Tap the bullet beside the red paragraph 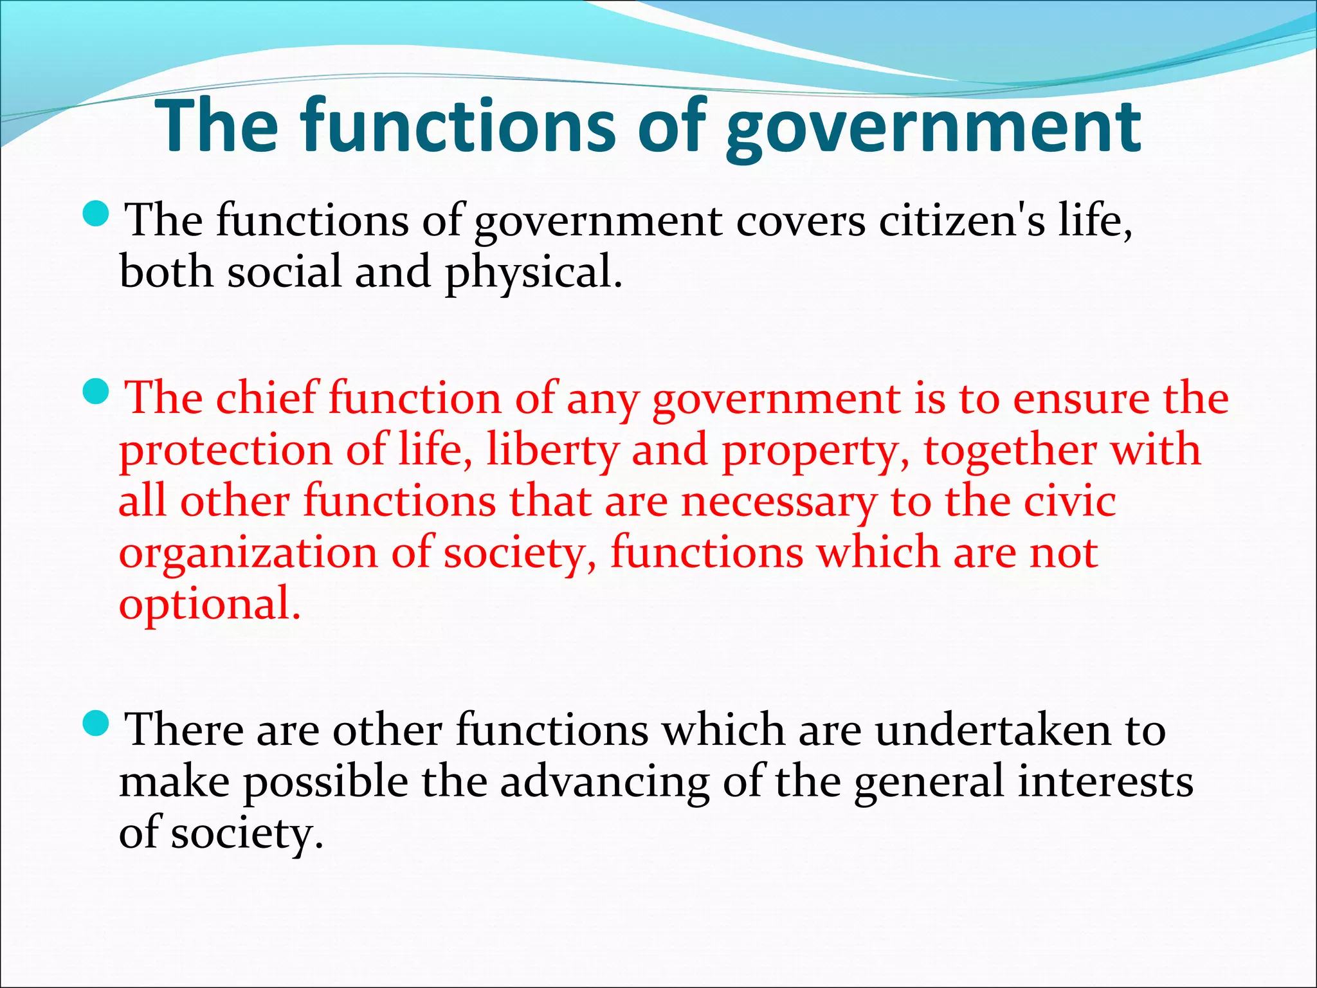coord(97,391)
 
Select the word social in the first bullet coord(285,271)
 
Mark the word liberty coord(552,451)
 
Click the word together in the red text coord(1010,451)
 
